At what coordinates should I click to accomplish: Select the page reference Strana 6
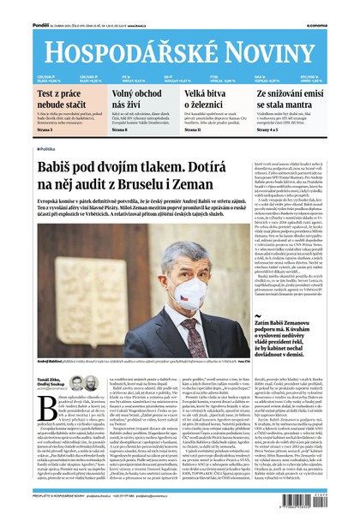[120, 129]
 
